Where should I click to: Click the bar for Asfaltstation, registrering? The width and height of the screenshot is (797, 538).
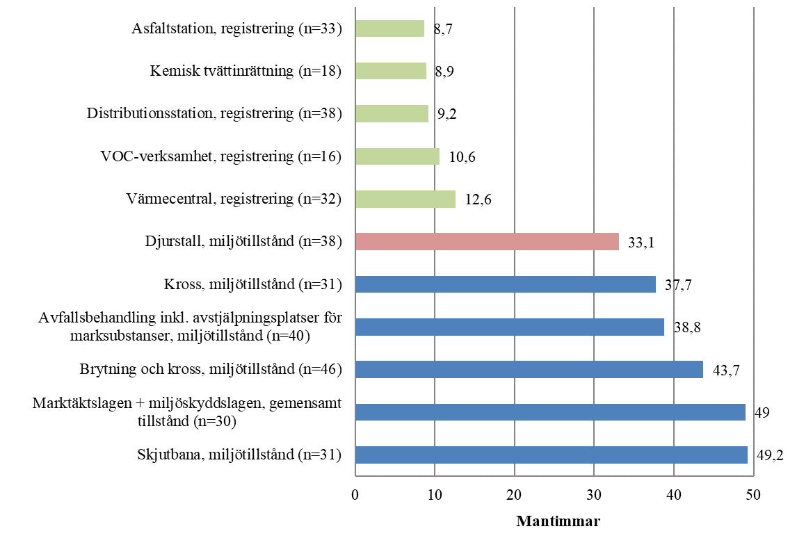pos(389,28)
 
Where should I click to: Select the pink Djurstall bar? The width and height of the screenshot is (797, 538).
pos(487,241)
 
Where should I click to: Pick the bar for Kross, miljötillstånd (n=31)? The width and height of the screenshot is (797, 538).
pos(505,284)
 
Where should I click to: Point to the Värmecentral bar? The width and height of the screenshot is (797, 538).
pos(405,199)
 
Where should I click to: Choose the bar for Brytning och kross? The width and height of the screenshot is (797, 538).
pos(529,369)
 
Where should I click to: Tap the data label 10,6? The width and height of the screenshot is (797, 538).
pos(462,158)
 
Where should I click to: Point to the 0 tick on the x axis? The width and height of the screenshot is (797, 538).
pos(355,494)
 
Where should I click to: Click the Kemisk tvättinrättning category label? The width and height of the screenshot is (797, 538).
pos(245,72)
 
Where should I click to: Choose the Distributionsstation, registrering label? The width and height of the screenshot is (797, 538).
pos(214,114)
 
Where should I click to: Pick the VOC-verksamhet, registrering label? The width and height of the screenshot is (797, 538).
pos(220,156)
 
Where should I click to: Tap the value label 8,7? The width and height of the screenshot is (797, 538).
pos(443,31)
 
